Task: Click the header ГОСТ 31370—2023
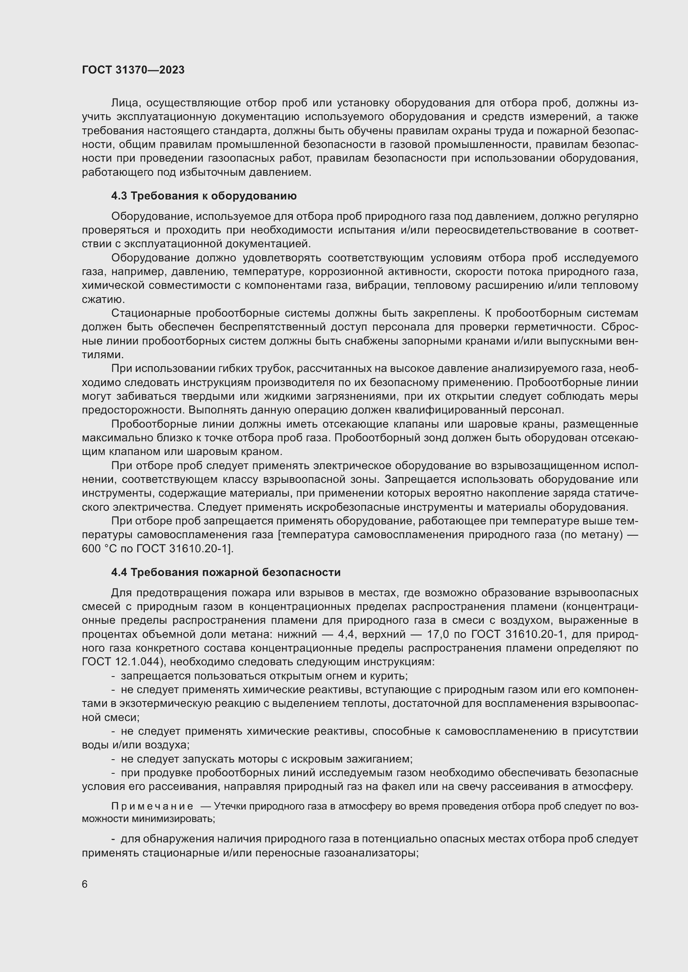(133, 70)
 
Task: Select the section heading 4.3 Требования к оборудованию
(204, 196)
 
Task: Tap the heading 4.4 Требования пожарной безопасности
(226, 572)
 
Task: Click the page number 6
(85, 884)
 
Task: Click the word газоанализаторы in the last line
(371, 854)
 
